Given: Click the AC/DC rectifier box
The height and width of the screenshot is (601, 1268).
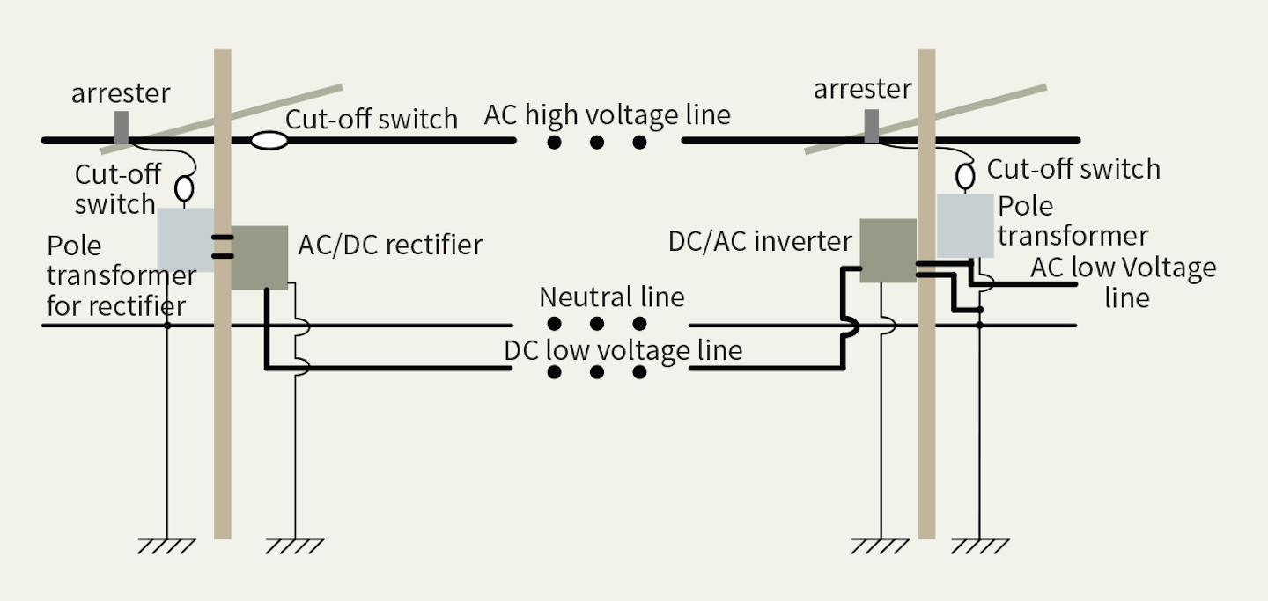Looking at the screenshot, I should tap(260, 257).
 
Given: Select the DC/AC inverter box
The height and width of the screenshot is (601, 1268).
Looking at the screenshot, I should tap(888, 251).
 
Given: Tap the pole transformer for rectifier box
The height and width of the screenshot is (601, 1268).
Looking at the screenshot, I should tap(185, 239).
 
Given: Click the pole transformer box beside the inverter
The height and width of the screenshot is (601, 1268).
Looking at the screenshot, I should tap(966, 225).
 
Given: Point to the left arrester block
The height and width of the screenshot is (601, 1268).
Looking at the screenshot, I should tap(122, 127).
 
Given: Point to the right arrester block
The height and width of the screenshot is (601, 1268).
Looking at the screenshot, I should tap(871, 127).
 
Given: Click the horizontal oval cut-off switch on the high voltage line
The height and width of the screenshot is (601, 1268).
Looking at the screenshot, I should tap(269, 140).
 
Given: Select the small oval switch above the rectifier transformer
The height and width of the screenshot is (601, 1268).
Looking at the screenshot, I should tap(185, 188).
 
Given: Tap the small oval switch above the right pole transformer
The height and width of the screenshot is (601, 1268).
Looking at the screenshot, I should tap(966, 175).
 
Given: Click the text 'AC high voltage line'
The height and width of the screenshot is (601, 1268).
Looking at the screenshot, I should tap(608, 115).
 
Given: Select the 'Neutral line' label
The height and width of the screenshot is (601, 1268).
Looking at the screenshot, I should tap(612, 297).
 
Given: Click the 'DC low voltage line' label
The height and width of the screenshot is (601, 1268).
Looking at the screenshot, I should tap(623, 350).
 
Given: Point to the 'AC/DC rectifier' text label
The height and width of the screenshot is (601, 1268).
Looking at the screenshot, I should tap(390, 244).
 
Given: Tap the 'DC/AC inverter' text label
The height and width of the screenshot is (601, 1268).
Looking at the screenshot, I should tap(760, 241).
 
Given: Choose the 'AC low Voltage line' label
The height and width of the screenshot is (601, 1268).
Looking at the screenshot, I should tap(1124, 282).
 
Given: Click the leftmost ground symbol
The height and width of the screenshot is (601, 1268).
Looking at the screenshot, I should tap(166, 546).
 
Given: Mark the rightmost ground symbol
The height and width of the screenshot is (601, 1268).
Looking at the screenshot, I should tap(979, 546).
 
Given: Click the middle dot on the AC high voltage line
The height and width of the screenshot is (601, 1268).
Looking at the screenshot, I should tap(597, 142).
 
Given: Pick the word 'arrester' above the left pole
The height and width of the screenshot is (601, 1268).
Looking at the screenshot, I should tap(121, 93).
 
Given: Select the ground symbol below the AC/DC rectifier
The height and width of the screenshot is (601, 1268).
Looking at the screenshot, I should tap(295, 546).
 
